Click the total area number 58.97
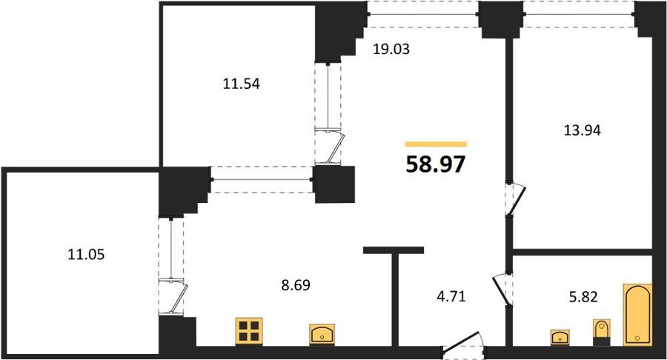tap(436, 164)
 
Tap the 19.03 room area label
tap(391, 50)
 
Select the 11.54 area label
tap(241, 84)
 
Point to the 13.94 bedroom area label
tap(582, 130)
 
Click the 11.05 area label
tap(87, 255)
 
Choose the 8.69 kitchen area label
tap(296, 284)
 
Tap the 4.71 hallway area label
tap(451, 296)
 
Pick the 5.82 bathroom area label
tap(583, 297)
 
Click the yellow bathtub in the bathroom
tap(637, 315)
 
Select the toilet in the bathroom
tap(601, 332)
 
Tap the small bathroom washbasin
tap(560, 338)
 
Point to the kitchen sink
tap(322, 335)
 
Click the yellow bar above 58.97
tap(436, 144)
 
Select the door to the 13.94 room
tap(516, 199)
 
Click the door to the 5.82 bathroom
tap(502, 289)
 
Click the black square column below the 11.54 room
tap(335, 184)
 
